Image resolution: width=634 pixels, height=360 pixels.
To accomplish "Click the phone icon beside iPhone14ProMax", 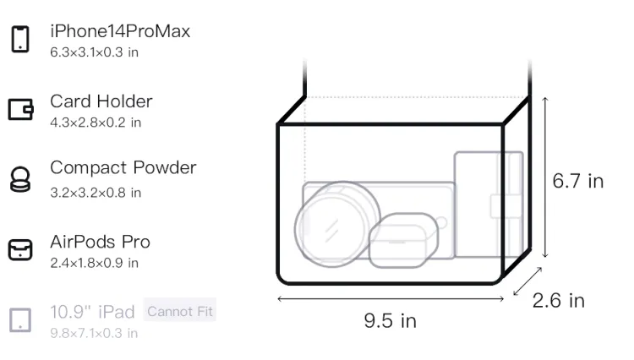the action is tap(20, 39).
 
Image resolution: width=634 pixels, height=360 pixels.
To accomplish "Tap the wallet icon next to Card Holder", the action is tap(20, 109).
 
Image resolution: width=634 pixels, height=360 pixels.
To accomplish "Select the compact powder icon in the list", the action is tap(20, 179).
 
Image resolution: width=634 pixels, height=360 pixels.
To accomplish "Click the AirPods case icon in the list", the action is tap(20, 249).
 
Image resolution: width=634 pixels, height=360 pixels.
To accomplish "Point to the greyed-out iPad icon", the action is tap(20, 320).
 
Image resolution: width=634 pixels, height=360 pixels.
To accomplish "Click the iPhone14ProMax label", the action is tap(120, 31).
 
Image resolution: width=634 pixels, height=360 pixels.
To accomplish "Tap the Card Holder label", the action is tap(101, 101).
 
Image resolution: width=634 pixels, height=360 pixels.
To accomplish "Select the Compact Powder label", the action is tap(123, 168).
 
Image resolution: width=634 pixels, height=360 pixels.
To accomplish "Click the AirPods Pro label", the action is tap(101, 242).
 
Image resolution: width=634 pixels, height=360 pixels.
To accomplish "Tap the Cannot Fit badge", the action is tap(180, 311).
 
